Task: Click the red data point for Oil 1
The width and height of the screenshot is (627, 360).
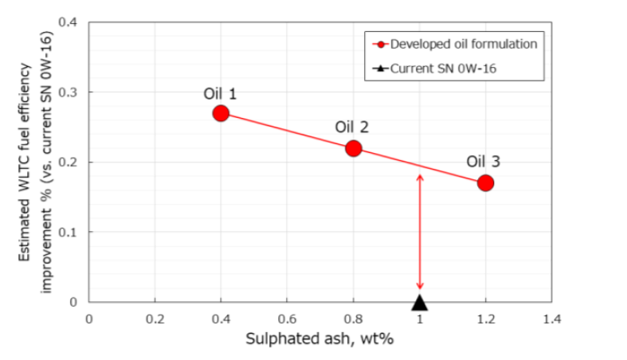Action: click(221, 113)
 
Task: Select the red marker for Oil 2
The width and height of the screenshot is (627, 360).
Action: click(354, 148)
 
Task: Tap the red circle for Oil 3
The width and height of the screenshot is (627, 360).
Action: click(486, 183)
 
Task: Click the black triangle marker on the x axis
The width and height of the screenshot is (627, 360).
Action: click(420, 302)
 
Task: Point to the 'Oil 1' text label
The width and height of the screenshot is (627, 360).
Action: click(220, 93)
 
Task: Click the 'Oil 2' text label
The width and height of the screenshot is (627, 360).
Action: click(352, 127)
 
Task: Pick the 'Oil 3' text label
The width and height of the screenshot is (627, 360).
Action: click(484, 162)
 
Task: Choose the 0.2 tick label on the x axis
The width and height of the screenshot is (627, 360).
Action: click(155, 319)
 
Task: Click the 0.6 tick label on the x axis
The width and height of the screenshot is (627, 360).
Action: click(287, 319)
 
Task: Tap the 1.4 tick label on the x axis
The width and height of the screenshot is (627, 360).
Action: click(551, 319)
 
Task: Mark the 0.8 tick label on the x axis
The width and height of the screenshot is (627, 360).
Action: click(353, 319)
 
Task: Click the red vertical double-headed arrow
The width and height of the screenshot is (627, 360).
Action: click(420, 231)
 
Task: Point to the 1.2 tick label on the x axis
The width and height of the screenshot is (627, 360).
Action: click(485, 319)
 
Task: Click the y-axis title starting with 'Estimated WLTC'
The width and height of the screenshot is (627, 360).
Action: click(37, 162)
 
